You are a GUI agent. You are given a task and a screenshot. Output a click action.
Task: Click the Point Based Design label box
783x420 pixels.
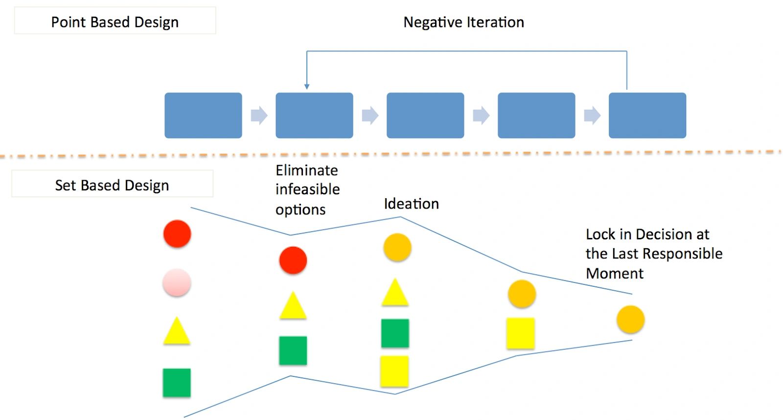tap(115, 21)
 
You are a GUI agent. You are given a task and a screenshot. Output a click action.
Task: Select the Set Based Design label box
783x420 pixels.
tap(112, 185)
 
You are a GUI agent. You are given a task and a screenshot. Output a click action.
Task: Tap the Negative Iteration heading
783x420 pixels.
tap(463, 22)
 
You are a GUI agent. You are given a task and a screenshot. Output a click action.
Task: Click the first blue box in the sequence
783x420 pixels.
tap(203, 116)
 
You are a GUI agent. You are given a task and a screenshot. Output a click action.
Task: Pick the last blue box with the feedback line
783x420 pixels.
tap(647, 116)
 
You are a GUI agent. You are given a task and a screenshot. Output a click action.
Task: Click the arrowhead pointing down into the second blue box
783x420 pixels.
tap(307, 87)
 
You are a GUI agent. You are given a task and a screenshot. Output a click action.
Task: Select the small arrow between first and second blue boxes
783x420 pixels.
tap(259, 116)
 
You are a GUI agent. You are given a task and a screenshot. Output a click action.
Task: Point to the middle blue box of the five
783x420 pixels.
tap(425, 116)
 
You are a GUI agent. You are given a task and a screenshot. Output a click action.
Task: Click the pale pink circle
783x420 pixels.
tap(177, 282)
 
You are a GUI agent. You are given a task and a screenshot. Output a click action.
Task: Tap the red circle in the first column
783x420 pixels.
tap(177, 233)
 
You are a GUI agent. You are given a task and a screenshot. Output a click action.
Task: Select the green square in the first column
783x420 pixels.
tap(177, 382)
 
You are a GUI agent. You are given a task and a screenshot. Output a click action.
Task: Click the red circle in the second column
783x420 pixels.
tap(293, 260)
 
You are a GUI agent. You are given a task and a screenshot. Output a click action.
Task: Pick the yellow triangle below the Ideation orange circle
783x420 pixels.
tap(395, 293)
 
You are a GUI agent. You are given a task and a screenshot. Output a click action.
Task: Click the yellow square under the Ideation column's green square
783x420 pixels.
tap(394, 371)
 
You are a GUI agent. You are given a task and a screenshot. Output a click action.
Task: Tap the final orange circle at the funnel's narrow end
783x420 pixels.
tap(630, 319)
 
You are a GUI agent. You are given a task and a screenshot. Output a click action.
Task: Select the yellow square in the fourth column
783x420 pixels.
tap(521, 333)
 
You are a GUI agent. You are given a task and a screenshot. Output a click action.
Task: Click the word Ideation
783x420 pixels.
tap(411, 204)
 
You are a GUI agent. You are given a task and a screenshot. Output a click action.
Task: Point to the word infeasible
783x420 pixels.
tap(307, 189)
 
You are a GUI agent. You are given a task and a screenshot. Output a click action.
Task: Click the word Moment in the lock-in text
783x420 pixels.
tap(614, 273)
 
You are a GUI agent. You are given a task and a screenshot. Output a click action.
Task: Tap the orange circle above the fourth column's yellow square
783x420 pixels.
tap(522, 294)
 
